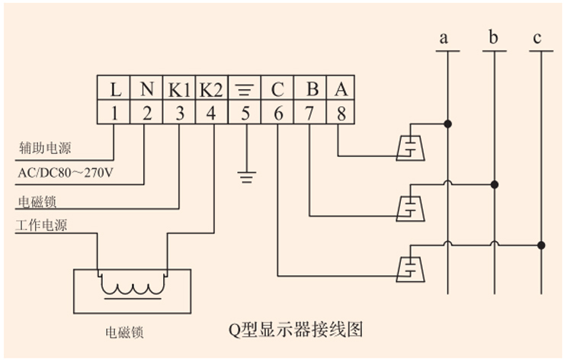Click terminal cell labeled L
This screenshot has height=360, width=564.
(x=114, y=88)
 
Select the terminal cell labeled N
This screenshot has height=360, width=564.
(x=147, y=88)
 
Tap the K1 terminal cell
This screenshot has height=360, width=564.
(x=180, y=88)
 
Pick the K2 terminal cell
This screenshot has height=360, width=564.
(x=212, y=88)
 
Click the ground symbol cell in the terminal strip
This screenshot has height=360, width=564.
(x=245, y=88)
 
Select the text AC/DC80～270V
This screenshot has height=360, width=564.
(x=66, y=173)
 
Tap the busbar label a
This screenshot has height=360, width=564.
(x=446, y=38)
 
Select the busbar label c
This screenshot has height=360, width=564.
(x=539, y=38)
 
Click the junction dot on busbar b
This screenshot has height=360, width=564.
(x=495, y=184)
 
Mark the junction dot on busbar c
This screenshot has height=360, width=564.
(x=541, y=245)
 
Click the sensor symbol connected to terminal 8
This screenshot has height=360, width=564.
(x=411, y=146)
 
